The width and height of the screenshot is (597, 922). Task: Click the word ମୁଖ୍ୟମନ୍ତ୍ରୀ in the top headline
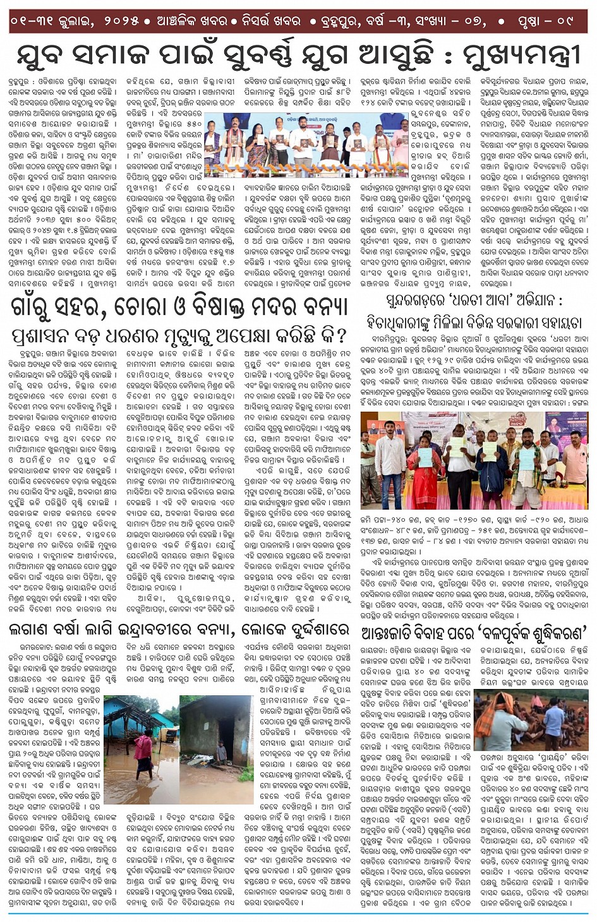[x=521, y=56]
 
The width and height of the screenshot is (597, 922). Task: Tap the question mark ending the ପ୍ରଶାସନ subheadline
[x=342, y=335]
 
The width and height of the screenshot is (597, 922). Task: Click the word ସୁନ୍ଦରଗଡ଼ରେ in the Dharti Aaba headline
[x=421, y=301]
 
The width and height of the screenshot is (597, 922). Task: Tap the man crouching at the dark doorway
[x=221, y=752]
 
